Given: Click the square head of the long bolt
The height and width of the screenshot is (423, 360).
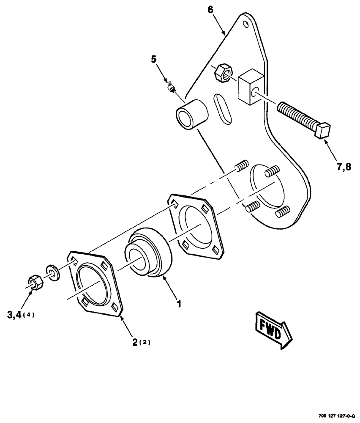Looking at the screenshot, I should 323,129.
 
